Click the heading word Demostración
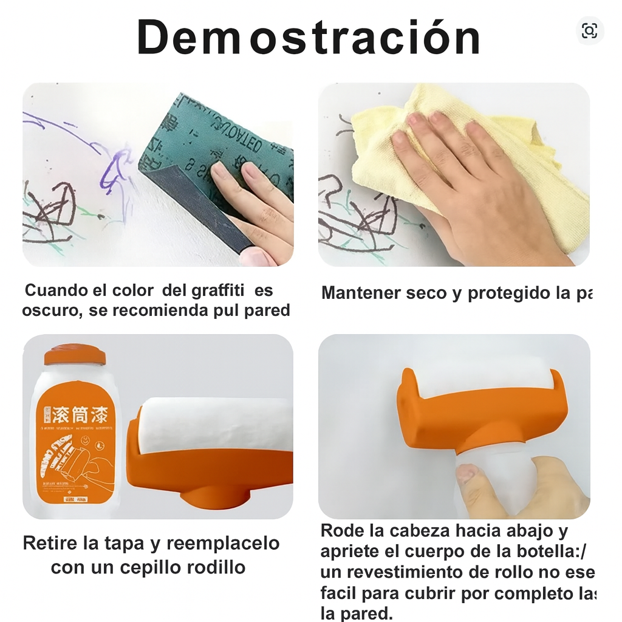309,38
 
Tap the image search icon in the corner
589,31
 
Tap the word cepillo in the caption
135,567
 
